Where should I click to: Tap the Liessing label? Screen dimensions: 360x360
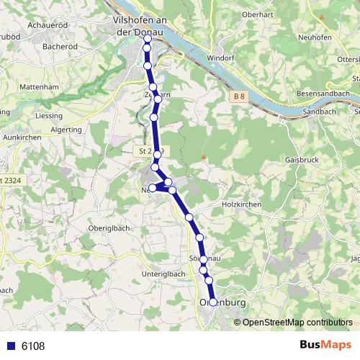[x=48, y=115]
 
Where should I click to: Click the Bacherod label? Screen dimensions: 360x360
[x=60, y=46]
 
